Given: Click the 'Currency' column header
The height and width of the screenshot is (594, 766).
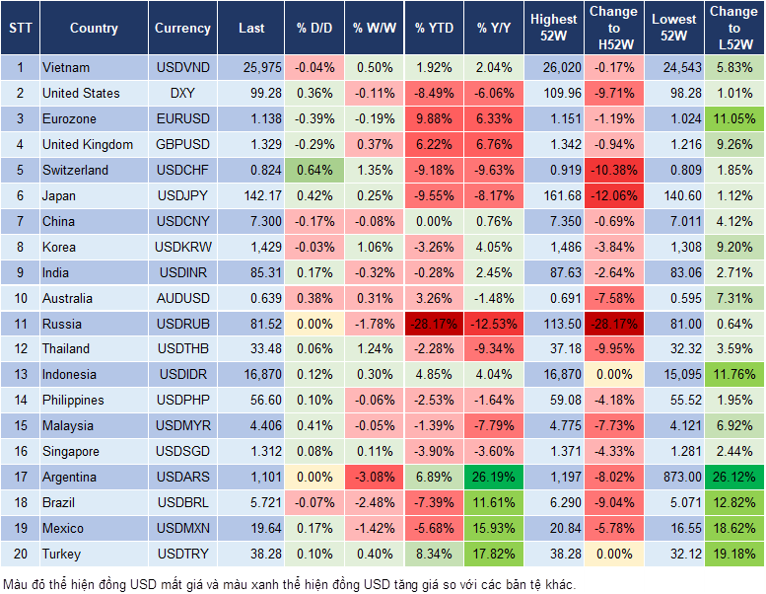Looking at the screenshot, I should tap(182, 29).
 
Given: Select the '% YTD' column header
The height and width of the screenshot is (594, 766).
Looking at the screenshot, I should tap(434, 29).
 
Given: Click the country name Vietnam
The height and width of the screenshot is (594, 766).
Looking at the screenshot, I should tap(66, 68).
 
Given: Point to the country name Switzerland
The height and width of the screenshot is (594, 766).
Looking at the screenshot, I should tap(75, 170).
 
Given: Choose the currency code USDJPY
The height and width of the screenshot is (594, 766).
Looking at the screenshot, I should tap(182, 195).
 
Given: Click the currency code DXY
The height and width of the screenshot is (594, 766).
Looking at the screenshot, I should tap(182, 94).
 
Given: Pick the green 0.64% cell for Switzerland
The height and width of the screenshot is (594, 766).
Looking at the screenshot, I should tap(314, 170).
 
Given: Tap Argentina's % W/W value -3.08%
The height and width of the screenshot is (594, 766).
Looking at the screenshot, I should tap(372, 477).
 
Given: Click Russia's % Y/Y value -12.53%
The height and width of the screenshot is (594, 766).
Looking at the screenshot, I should tap(496, 324).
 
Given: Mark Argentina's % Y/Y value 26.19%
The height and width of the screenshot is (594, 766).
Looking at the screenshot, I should tap(496, 477).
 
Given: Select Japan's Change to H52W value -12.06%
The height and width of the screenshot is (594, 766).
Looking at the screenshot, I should tap(613, 195).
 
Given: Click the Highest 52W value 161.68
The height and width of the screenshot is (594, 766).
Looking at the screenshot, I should tap(554, 195).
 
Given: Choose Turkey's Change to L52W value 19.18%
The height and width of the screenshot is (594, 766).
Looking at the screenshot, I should tap(733, 554).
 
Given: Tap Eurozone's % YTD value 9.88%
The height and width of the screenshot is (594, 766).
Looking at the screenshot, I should tap(434, 119).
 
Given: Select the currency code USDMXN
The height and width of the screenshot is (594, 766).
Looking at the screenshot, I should tap(182, 528).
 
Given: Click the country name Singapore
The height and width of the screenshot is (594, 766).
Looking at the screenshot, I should tap(71, 451).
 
